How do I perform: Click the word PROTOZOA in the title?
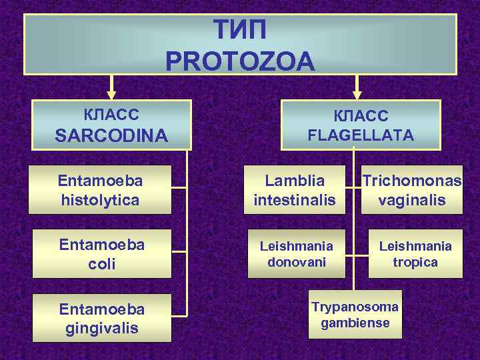pyautogui.click(x=239, y=62)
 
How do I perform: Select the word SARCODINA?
pyautogui.click(x=111, y=136)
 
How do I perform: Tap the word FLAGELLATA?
pyautogui.click(x=361, y=135)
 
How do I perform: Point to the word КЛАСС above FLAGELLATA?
pyautogui.click(x=361, y=116)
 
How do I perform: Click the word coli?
pyautogui.click(x=101, y=264)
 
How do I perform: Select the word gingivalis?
pyautogui.click(x=101, y=328)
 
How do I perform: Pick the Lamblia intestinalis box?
pyautogui.click(x=294, y=190)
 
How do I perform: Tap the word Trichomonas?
pyautogui.click(x=412, y=181)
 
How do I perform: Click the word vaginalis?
pyautogui.click(x=412, y=199)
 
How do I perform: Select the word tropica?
pyautogui.click(x=415, y=262)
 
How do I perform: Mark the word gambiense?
pyautogui.click(x=355, y=323)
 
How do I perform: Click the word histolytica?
pyautogui.click(x=100, y=199)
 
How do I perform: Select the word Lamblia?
pyautogui.click(x=294, y=181)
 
